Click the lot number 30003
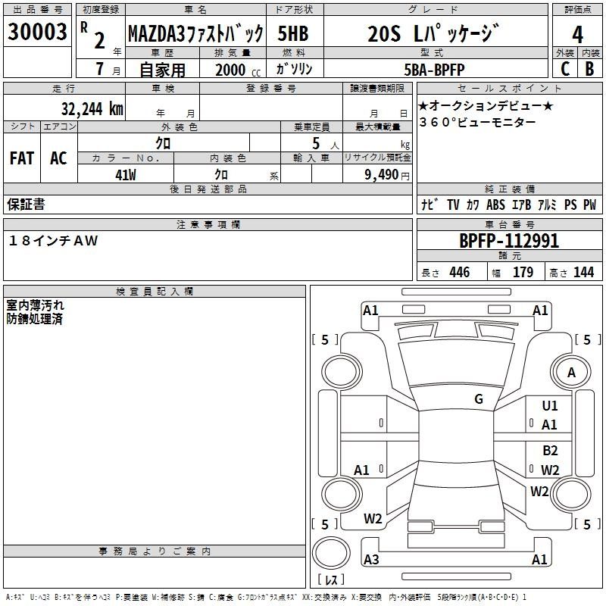coord(38,33)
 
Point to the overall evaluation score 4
coord(577,34)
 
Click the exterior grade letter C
coord(564,68)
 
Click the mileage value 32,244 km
coord(92,108)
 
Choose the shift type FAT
coord(21,158)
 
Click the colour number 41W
coord(126,173)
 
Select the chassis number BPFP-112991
coord(509,241)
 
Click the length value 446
coord(459,272)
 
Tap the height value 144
coord(583,272)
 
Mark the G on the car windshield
coord(479,398)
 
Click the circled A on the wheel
coord(571,372)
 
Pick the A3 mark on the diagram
coord(371,560)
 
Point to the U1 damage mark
coord(550,407)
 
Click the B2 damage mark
coord(550,451)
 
